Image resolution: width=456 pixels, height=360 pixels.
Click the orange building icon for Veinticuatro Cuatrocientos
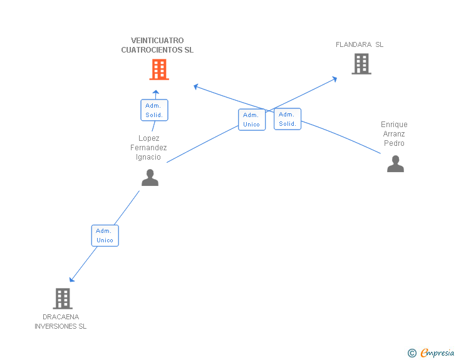coord(159,69)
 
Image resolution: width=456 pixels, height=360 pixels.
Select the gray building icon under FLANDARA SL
coord(361,64)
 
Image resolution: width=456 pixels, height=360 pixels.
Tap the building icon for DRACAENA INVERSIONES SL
coord(63,299)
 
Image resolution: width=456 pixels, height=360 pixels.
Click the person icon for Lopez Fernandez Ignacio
coord(150,177)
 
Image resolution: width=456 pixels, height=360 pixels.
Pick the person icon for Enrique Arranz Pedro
coord(395,163)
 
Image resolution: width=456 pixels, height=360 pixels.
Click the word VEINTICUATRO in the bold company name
coord(157,41)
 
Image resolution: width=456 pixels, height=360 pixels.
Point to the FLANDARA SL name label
coord(360,44)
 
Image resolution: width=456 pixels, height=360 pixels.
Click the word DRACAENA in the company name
coord(61,317)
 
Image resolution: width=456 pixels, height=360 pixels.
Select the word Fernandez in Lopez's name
coord(148,147)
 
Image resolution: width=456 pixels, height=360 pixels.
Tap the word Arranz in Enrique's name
coord(394,134)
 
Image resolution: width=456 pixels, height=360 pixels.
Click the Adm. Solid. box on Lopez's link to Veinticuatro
coord(154,110)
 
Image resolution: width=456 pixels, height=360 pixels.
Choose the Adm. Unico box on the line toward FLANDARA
coord(252,120)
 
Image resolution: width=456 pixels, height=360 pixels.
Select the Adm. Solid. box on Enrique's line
coord(288,119)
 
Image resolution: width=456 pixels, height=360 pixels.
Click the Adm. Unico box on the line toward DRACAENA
coord(105,235)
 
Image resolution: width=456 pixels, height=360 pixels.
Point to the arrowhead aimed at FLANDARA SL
coord(334,79)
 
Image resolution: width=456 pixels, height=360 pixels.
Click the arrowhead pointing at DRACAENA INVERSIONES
coord(71,280)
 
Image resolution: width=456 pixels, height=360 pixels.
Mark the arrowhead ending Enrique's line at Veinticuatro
coord(196,86)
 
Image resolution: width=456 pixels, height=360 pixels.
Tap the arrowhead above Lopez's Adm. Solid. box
coord(156,93)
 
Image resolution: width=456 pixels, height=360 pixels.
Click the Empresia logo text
coord(437,352)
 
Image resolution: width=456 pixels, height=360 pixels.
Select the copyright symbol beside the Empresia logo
coord(412,353)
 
